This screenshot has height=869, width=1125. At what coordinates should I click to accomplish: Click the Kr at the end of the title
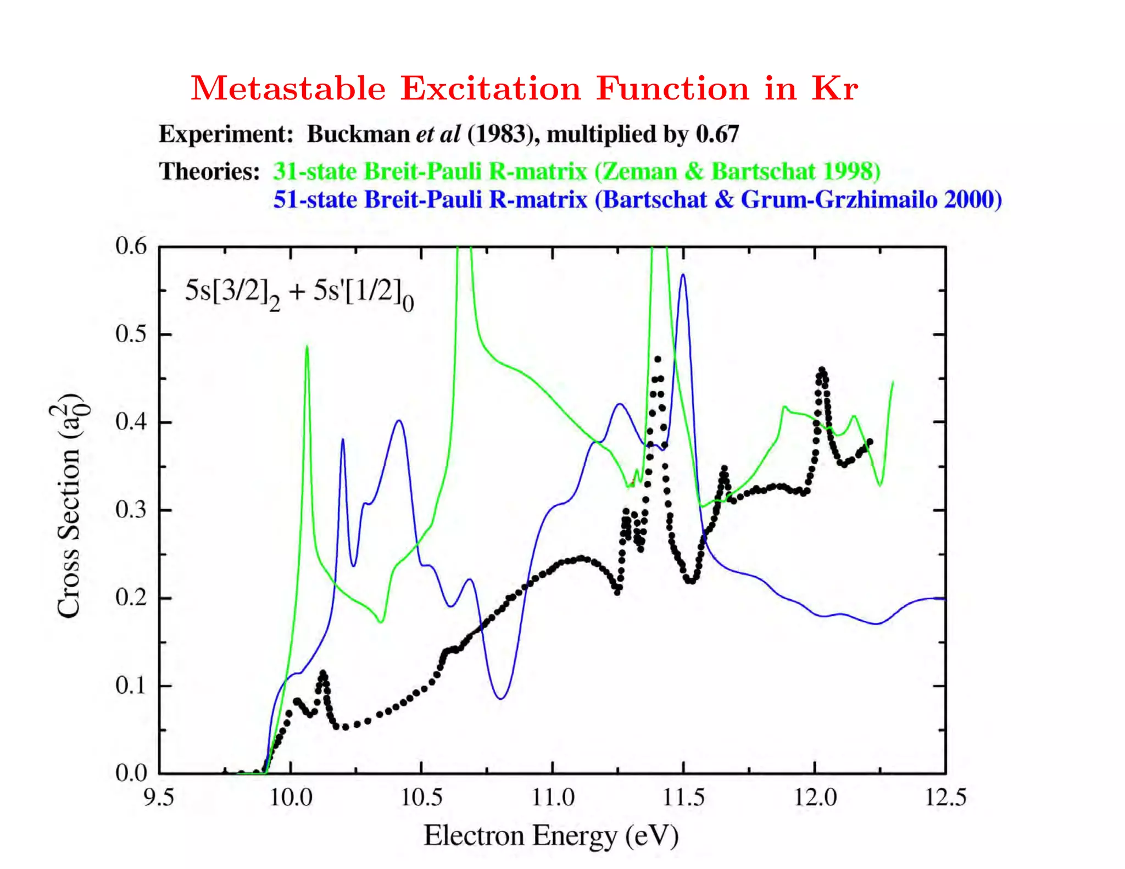pyautogui.click(x=834, y=88)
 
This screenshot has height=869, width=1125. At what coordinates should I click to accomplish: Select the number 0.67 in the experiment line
pyautogui.click(x=717, y=135)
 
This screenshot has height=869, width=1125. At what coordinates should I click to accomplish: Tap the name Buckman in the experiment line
pyautogui.click(x=358, y=135)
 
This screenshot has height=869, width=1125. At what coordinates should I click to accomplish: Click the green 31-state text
pyautogui.click(x=315, y=171)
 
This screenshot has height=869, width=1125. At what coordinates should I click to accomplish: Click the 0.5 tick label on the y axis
pyautogui.click(x=131, y=334)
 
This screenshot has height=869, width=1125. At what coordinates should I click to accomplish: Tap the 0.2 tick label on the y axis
pyautogui.click(x=131, y=598)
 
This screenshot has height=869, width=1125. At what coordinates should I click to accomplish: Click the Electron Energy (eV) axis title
pyautogui.click(x=551, y=836)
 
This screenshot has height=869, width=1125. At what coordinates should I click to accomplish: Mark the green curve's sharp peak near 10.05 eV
pyautogui.click(x=307, y=347)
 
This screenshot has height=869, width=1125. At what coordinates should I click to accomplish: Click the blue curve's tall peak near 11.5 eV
pyautogui.click(x=683, y=275)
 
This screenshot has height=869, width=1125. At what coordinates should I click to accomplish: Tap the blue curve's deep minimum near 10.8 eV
pyautogui.click(x=501, y=698)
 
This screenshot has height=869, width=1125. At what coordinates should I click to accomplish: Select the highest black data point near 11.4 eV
pyautogui.click(x=658, y=359)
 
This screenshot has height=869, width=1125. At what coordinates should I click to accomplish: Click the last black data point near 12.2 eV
pyautogui.click(x=870, y=442)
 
